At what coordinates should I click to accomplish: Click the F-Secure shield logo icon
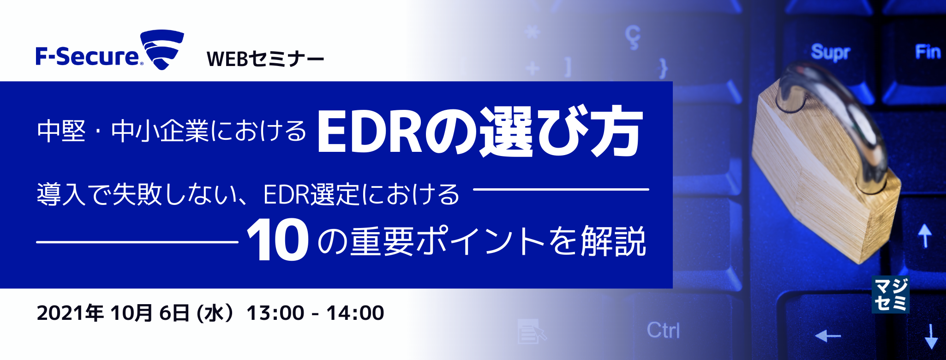(162, 49)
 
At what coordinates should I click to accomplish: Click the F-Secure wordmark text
(88, 57)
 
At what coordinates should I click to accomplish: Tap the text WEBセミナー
(265, 59)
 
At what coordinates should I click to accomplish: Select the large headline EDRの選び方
(479, 132)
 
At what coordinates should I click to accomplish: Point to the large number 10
(278, 240)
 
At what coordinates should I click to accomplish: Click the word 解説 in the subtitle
(613, 241)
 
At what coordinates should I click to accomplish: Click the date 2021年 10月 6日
(113, 313)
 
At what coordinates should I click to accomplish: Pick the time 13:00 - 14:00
(315, 313)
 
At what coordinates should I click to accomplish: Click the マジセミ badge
(890, 295)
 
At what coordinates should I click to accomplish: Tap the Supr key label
(830, 52)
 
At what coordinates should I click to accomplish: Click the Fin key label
(928, 52)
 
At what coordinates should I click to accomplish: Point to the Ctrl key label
(663, 330)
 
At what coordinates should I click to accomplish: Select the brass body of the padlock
(826, 194)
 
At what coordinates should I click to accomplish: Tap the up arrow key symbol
(924, 235)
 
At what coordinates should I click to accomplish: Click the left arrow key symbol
(828, 336)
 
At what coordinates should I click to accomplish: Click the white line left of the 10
(137, 242)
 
